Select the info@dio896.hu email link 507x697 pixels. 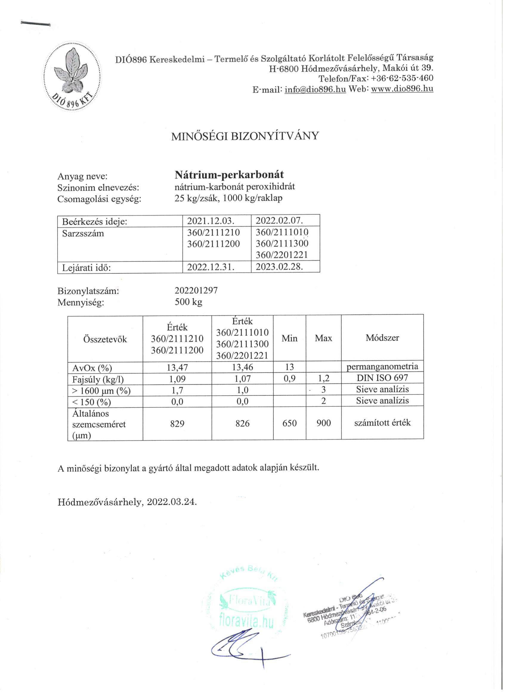pos(316,89)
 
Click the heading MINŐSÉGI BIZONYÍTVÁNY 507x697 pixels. pos(245,136)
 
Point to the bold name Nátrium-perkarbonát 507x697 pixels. pos(229,175)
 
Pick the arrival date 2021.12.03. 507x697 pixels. pos(213,221)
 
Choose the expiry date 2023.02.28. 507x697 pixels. pos(279,267)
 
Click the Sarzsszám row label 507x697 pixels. pos(83,233)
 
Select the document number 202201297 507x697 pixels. pos(196,290)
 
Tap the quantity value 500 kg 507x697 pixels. pos(188,302)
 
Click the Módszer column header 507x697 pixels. pos(382,338)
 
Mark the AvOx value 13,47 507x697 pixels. pos(177,367)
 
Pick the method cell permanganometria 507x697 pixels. pos(382,367)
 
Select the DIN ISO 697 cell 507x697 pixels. pos(382,378)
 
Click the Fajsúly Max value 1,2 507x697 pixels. pos(324,378)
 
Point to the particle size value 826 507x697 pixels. pos(242,423)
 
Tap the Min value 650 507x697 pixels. pos(289,423)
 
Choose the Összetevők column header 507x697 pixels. pos(105,339)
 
